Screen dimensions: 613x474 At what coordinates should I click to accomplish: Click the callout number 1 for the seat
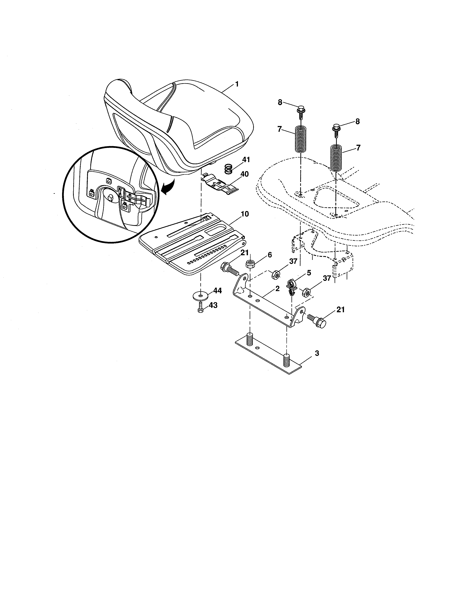click(x=237, y=84)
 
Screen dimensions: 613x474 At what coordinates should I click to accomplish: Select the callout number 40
click(x=244, y=174)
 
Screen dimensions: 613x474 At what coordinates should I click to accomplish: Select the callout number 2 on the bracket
click(x=278, y=288)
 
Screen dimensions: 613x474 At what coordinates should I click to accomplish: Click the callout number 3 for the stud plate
click(x=317, y=353)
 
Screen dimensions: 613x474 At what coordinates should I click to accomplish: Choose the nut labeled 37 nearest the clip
click(x=306, y=293)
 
